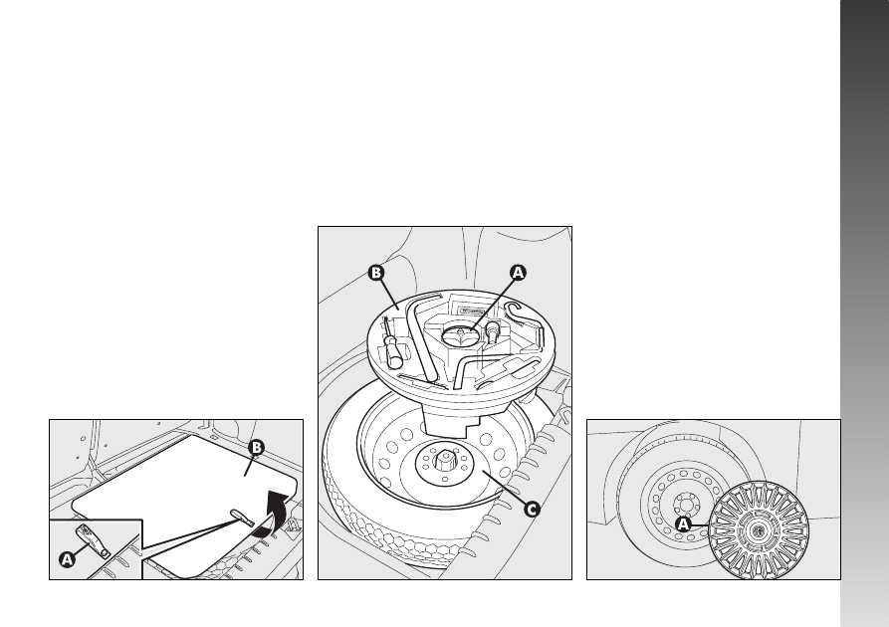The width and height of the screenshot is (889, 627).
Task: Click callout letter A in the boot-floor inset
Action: pos(67,559)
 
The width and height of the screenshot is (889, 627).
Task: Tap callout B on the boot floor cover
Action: pos(257,448)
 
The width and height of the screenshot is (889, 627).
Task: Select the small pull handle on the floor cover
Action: pos(242,518)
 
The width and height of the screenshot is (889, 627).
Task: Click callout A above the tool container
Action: pos(518,273)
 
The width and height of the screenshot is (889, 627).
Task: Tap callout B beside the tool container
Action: pos(376,273)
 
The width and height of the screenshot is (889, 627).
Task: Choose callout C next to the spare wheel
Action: pos(532,510)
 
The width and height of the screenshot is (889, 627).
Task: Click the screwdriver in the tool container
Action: pos(392,344)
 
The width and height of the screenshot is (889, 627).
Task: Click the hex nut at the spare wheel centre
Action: pos(443,460)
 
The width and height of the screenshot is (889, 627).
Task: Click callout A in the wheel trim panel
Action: pos(684,524)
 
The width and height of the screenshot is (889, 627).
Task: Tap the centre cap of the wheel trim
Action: pos(758,530)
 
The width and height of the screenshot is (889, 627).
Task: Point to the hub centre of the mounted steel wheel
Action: pos(684,504)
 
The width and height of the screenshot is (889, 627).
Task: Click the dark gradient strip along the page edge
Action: pos(865,313)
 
